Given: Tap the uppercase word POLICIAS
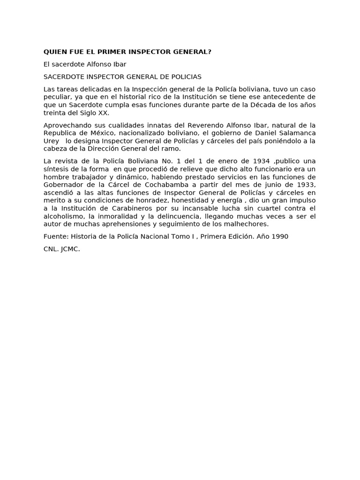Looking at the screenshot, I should pyautogui.click(x=185, y=76).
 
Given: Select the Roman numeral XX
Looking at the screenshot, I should pyautogui.click(x=103, y=113).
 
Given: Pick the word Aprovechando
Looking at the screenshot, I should pyautogui.click(x=66, y=125).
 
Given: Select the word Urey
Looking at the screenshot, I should pyautogui.click(x=52, y=141).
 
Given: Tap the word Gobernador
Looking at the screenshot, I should pyautogui.click(x=64, y=185).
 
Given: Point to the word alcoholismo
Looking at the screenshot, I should pyautogui.click(x=63, y=217).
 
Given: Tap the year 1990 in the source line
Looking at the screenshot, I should pyautogui.click(x=279, y=237).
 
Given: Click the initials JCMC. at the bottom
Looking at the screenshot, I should pyautogui.click(x=70, y=249).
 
